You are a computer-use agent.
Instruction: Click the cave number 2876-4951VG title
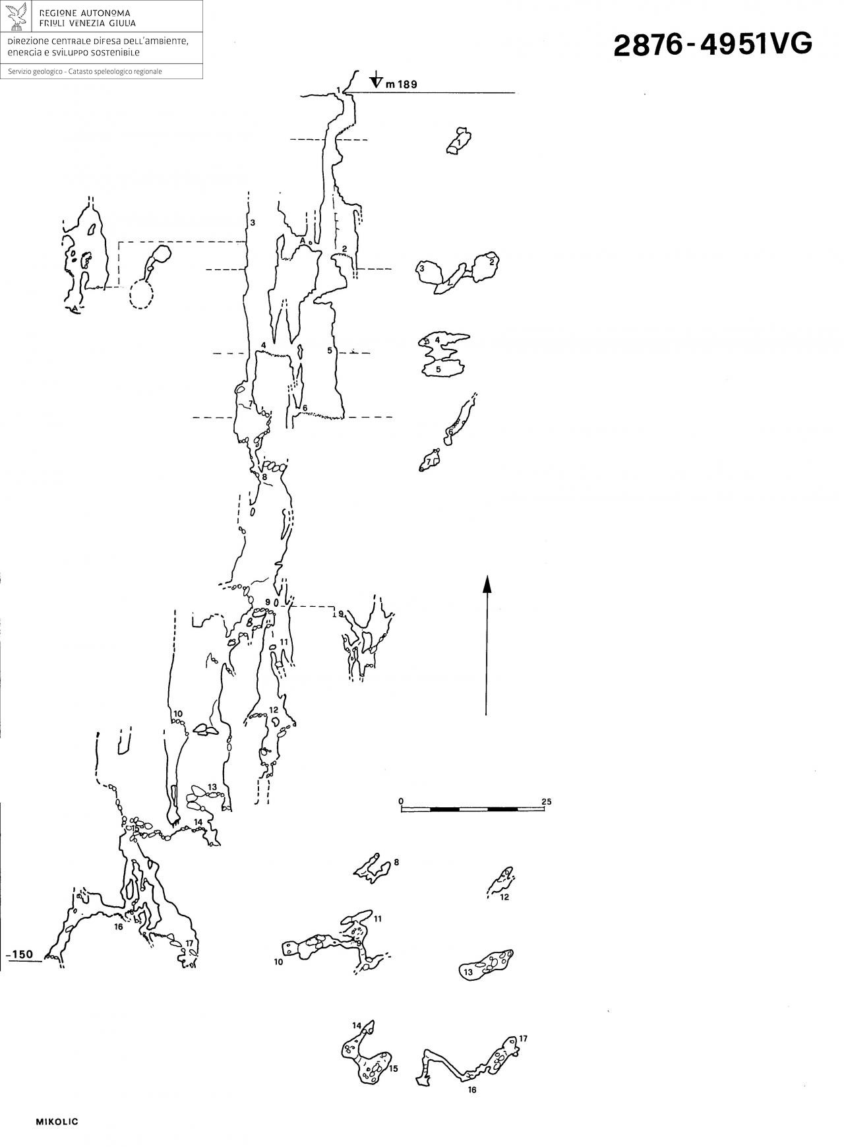[x=713, y=44]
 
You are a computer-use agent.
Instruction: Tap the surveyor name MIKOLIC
[x=57, y=1121]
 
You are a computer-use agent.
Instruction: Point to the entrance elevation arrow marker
[x=376, y=79]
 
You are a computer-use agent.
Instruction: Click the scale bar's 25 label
[x=547, y=802]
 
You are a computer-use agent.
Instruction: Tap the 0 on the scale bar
[x=401, y=801]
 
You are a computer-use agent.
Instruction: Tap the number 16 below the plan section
[x=471, y=1090]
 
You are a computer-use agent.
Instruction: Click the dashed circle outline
[x=141, y=294]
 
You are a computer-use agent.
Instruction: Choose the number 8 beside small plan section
[x=396, y=861]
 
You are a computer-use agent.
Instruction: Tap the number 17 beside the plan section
[x=523, y=1038]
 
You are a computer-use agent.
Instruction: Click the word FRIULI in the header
[x=54, y=23]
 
